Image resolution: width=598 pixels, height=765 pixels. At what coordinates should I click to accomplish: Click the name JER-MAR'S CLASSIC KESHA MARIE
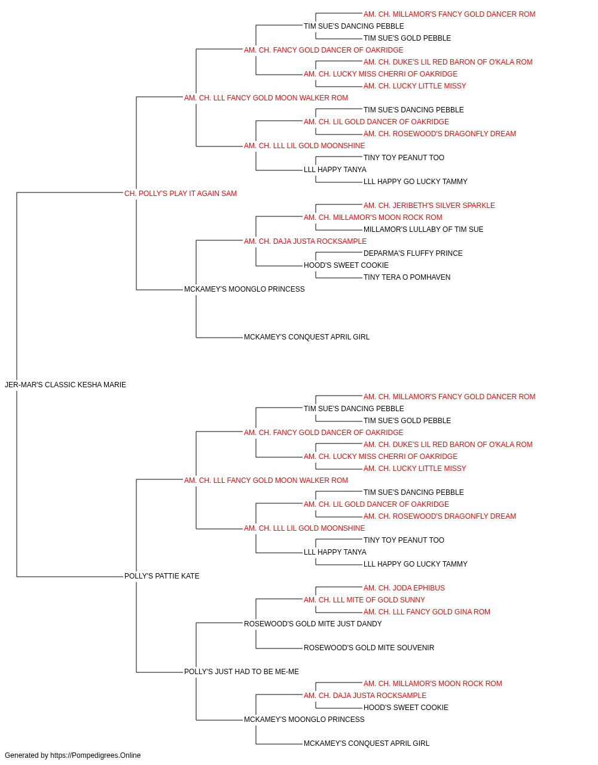[x=65, y=384]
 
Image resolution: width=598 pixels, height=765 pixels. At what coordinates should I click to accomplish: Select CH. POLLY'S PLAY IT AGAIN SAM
[x=181, y=193]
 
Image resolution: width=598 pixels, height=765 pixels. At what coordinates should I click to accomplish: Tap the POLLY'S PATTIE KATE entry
[x=161, y=576]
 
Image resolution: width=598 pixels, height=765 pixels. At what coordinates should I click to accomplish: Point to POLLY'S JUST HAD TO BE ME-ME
[x=241, y=671]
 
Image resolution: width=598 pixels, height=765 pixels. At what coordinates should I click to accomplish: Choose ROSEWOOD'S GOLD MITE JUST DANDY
[x=313, y=623]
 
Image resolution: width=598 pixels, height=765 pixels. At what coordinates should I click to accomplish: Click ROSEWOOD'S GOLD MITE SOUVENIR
[x=369, y=647]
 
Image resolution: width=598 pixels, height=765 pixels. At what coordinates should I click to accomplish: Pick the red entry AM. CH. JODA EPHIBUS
[x=404, y=587]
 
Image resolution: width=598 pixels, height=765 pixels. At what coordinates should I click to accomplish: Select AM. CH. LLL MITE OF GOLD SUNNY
[x=364, y=599]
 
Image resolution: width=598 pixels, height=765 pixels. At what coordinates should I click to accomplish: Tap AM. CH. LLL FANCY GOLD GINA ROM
[x=426, y=611]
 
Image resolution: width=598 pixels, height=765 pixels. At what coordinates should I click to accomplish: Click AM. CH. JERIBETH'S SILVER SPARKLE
[x=429, y=205]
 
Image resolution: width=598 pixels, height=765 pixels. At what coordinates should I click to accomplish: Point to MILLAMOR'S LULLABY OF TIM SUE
[x=423, y=229]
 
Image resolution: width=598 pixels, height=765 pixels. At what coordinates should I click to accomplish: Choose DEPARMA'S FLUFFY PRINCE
[x=413, y=253]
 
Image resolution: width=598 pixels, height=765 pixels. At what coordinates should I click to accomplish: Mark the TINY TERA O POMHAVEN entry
[x=407, y=277]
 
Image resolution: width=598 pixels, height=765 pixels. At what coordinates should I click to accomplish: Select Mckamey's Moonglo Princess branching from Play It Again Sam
[x=245, y=289]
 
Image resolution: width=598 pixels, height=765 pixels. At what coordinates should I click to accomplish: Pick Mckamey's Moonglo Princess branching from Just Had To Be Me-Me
[x=304, y=719]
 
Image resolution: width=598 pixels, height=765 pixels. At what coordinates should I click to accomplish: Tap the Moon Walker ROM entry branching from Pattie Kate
[x=266, y=480]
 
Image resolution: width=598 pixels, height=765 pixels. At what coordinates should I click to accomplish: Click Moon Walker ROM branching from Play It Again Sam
[x=266, y=97]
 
